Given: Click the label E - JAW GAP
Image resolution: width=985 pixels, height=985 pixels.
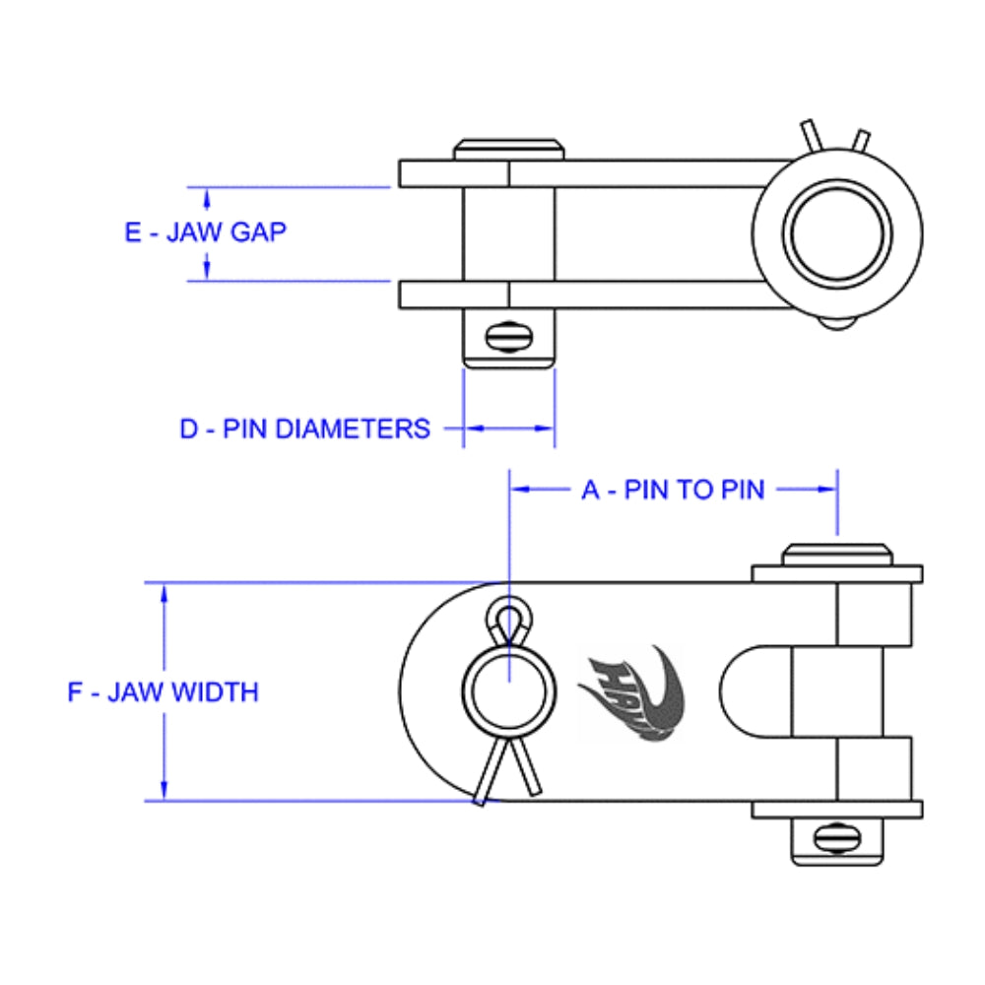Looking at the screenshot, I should (x=206, y=232).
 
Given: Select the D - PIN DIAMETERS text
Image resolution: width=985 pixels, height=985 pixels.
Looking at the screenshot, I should (x=304, y=428).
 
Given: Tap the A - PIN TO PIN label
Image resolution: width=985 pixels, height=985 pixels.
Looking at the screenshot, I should (x=673, y=490).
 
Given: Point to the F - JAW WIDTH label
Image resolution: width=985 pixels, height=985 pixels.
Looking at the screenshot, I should (x=163, y=691).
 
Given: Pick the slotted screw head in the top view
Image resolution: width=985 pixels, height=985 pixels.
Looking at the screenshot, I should (x=509, y=337).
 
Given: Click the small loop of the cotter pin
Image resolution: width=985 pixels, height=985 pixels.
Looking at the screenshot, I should (x=508, y=620).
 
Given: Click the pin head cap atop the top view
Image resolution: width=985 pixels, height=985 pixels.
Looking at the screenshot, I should (x=509, y=150).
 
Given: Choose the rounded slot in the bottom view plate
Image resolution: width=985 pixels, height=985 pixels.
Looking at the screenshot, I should (x=754, y=692).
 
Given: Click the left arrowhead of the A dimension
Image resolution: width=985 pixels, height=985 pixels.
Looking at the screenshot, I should (x=517, y=489).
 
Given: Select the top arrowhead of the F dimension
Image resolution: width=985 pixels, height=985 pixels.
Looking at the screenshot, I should (x=164, y=591).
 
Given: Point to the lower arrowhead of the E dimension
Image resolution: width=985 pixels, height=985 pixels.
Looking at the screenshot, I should (x=207, y=273).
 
